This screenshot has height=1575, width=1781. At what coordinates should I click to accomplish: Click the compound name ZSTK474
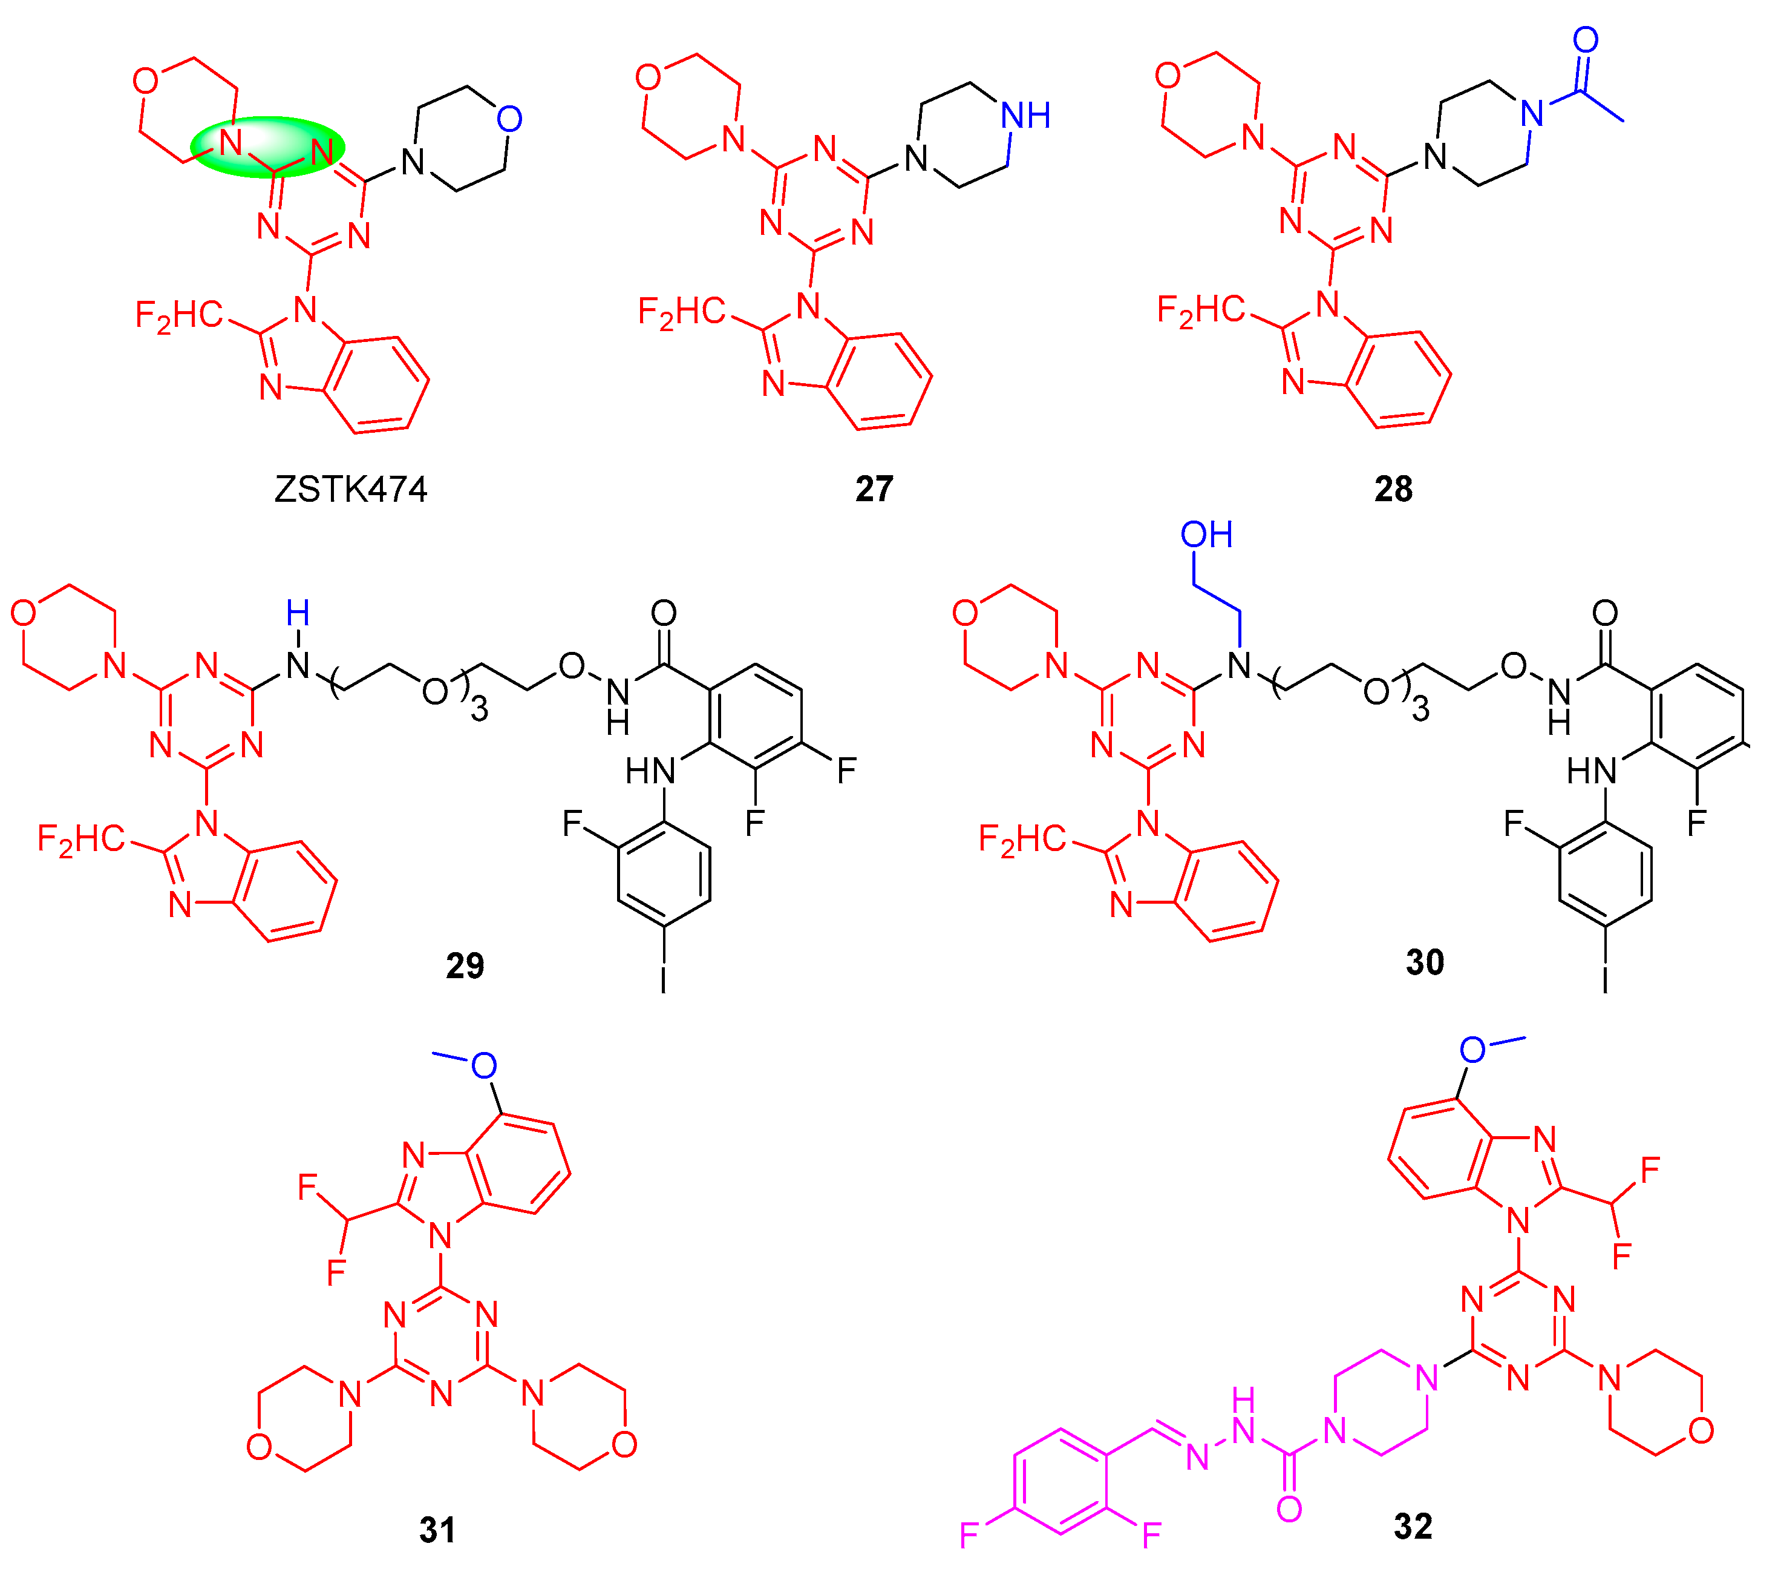[x=350, y=489]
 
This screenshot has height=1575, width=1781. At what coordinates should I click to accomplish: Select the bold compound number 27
[x=874, y=489]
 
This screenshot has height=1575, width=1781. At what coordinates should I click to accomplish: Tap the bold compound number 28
[x=1393, y=489]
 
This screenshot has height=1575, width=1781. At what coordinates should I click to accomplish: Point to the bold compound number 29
[x=465, y=965]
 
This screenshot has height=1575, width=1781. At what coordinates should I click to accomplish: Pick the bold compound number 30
[x=1425, y=962]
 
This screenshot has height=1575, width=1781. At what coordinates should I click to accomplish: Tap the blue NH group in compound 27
[x=1025, y=115]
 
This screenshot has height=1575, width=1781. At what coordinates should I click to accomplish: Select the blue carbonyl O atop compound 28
[x=1585, y=39]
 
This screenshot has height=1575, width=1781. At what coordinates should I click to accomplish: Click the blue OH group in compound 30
[x=1207, y=535]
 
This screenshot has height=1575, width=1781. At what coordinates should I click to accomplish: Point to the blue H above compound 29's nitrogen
[x=298, y=614]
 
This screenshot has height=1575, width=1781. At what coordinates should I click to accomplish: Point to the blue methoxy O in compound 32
[x=1472, y=1050]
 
